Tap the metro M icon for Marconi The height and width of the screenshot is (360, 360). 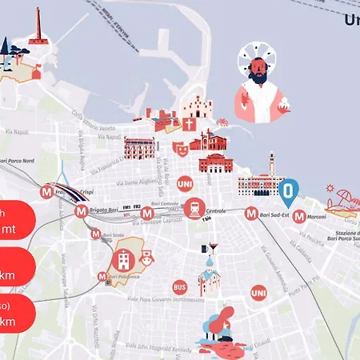[299, 216]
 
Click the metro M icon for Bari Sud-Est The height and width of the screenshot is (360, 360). [251, 214]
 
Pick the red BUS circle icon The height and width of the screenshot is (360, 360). [180, 286]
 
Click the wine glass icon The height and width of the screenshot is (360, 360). [212, 249]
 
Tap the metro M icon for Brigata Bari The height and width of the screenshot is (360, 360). [81, 212]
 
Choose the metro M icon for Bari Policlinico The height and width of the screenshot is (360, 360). [102, 278]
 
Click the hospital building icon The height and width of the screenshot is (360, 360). [124, 258]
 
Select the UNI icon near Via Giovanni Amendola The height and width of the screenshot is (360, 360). [258, 294]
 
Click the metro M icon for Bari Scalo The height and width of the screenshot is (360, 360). [96, 235]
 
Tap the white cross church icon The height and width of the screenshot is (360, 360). [190, 126]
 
